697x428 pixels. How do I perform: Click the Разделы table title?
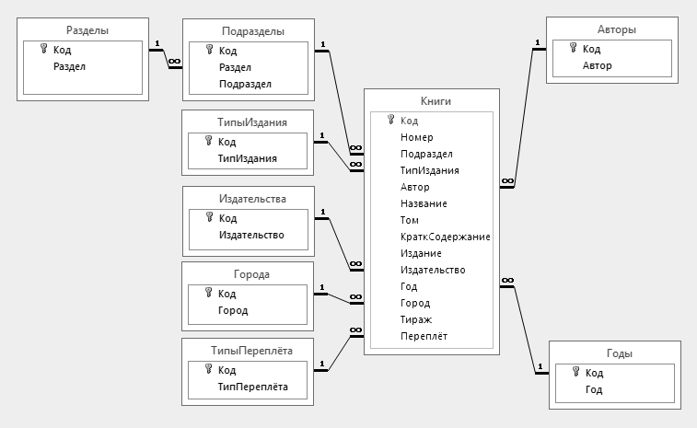tap(88, 30)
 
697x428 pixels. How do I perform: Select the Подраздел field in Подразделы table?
tap(245, 84)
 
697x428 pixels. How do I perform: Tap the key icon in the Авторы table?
tap(575, 49)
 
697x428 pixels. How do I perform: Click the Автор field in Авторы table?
tap(597, 65)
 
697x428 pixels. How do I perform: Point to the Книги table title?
tap(432, 101)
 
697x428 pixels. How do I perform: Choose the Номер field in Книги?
tap(416, 137)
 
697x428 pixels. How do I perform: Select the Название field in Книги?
tap(424, 203)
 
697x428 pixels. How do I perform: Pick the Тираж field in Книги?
tap(416, 319)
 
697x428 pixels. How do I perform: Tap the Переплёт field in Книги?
tap(424, 336)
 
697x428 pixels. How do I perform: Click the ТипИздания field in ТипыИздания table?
tap(248, 158)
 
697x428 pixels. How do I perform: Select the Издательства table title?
tap(253, 198)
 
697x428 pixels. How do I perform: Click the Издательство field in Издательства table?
tap(250, 235)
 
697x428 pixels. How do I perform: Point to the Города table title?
tap(253, 274)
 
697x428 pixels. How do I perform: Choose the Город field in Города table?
tap(232, 310)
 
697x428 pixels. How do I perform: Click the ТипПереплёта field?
tap(252, 387)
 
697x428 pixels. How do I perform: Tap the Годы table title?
tap(617, 353)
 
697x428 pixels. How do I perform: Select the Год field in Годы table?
tap(594, 389)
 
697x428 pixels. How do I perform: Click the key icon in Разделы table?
tap(42, 50)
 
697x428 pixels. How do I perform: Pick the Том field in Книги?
tap(410, 220)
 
